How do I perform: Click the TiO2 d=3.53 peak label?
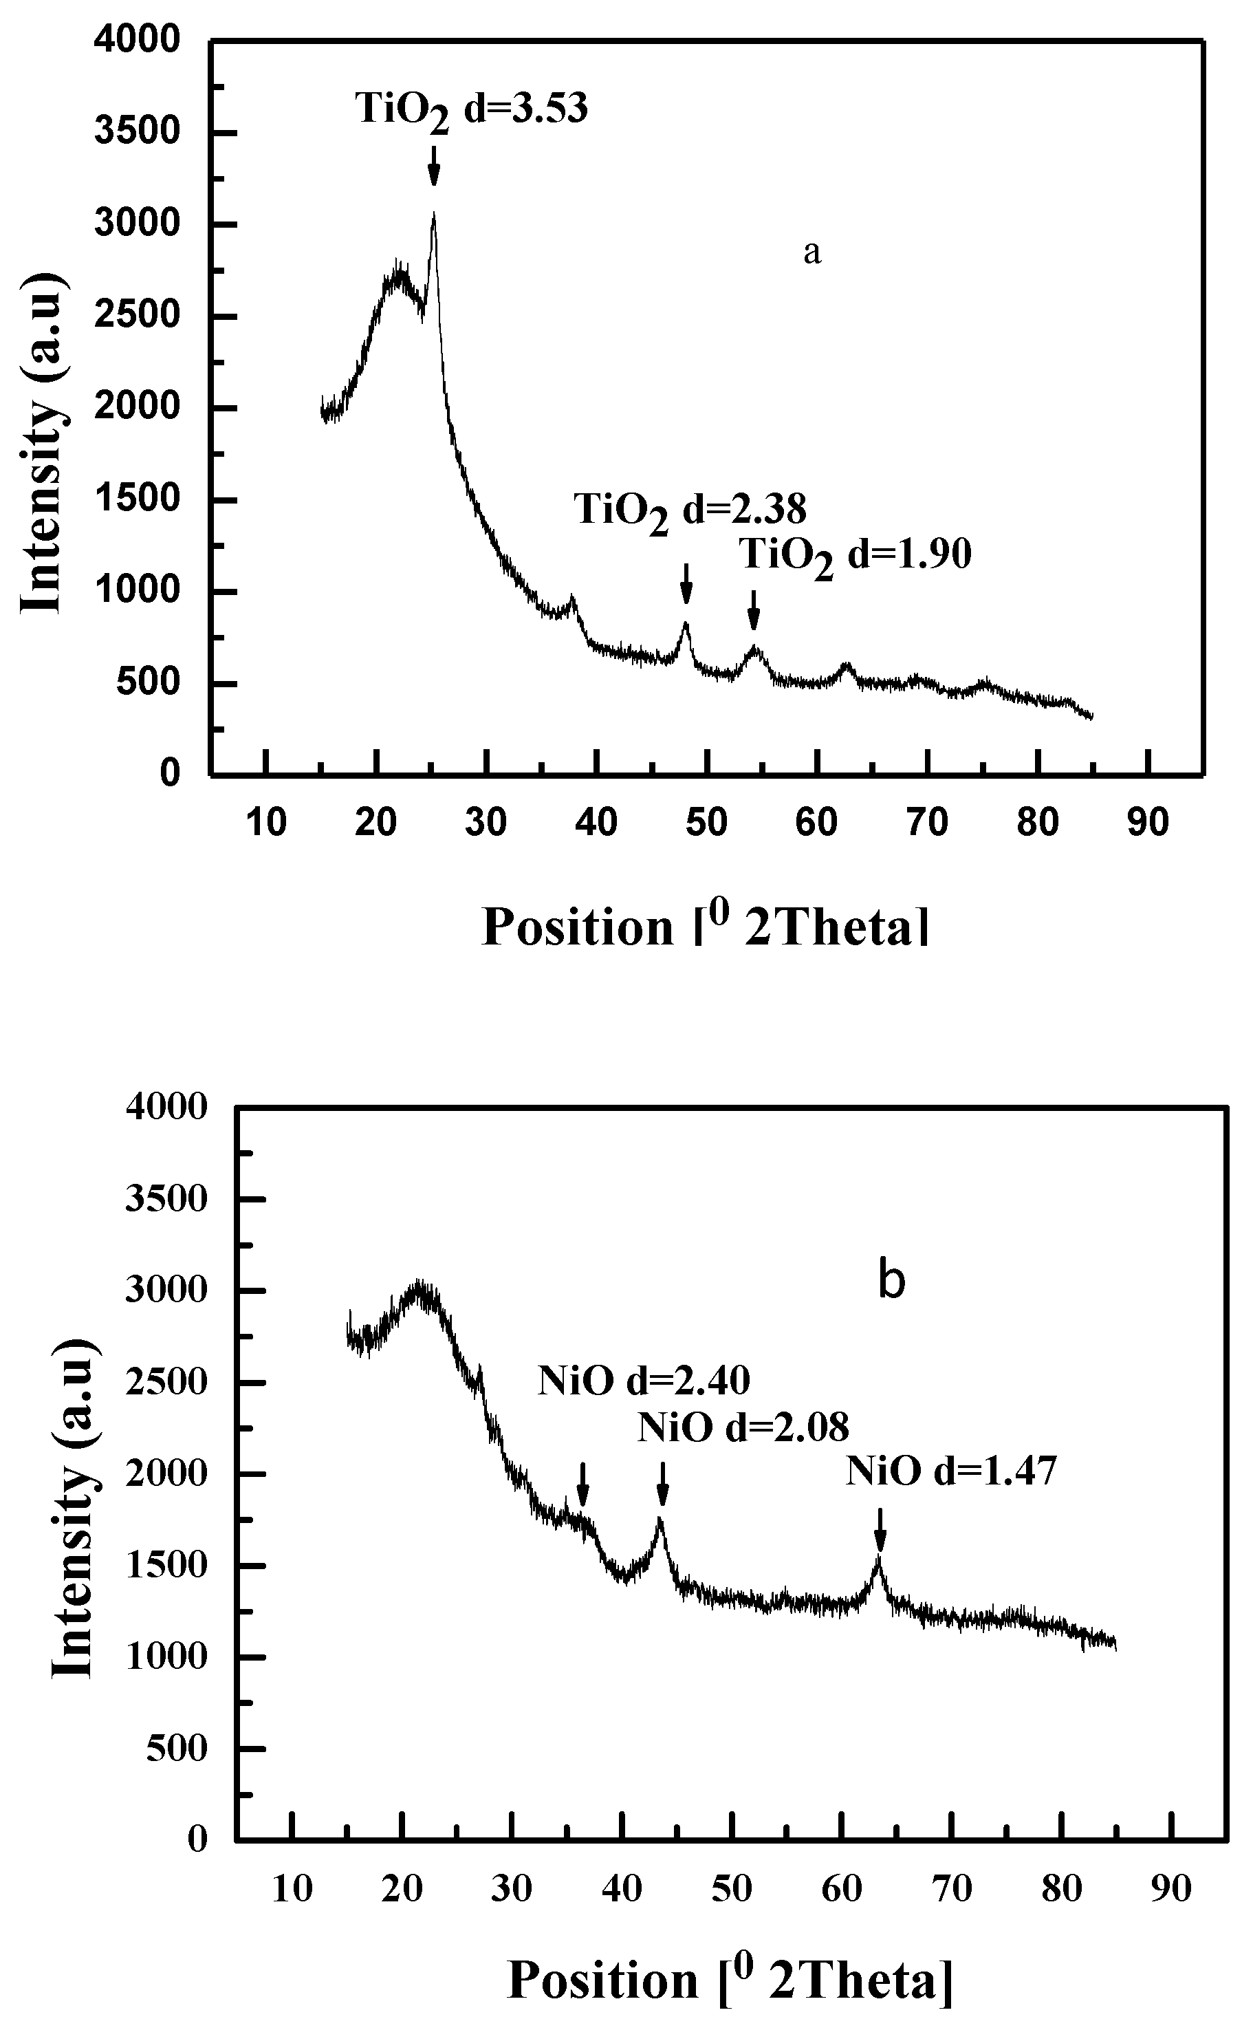[x=472, y=110]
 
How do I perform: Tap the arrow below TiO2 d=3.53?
[x=433, y=166]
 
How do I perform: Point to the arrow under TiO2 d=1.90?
[x=753, y=610]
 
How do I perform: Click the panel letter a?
[x=812, y=252]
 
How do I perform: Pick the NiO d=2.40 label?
[x=644, y=1381]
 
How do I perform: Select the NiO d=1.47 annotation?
[x=951, y=1472]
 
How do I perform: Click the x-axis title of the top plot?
[x=705, y=927]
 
